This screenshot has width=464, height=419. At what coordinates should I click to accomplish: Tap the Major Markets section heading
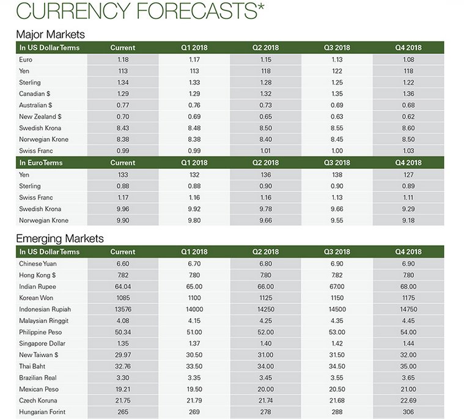tap(50, 34)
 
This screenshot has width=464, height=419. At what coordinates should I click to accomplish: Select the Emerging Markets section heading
tap(59, 239)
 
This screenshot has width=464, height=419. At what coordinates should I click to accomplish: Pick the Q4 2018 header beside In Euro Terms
tap(408, 163)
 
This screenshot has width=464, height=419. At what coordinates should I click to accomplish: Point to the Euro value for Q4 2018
tap(408, 59)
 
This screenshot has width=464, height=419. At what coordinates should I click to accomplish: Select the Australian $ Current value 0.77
tap(122, 105)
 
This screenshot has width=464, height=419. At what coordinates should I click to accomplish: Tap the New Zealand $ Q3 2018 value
tap(337, 117)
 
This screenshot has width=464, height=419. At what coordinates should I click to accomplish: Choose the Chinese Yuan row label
tap(40, 264)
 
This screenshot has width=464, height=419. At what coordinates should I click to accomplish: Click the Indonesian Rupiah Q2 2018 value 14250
tap(265, 310)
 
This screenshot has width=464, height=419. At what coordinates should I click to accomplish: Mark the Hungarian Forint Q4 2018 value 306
tap(408, 412)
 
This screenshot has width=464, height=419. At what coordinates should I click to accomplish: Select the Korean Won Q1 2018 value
tap(194, 298)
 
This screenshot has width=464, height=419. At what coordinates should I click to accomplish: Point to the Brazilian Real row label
tap(39, 378)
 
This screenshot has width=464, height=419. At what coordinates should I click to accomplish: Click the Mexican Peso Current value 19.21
tap(122, 390)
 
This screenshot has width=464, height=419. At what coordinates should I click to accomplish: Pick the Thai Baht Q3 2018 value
tap(337, 366)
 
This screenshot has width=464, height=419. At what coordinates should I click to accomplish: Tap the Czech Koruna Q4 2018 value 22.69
tap(408, 401)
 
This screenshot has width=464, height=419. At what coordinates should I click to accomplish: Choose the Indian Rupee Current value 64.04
tap(122, 286)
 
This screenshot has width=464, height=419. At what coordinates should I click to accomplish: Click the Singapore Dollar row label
tap(42, 344)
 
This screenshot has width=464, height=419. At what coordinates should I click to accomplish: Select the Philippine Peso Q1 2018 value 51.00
tap(194, 332)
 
